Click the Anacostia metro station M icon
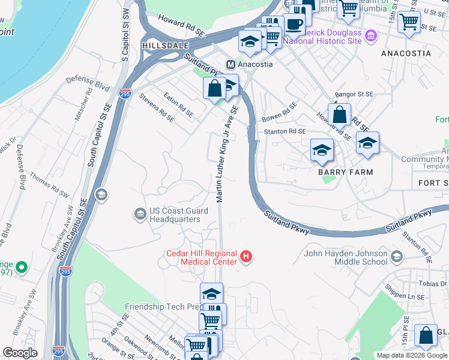pyautogui.click(x=230, y=64)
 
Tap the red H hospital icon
pyautogui.click(x=245, y=257)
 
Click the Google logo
pyautogui.click(x=20, y=353)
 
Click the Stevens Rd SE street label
pyautogui.click(x=156, y=107)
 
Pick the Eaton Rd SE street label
pyautogui.click(x=178, y=104)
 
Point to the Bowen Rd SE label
pyautogui.click(x=280, y=111)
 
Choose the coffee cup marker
pyautogui.click(x=294, y=24)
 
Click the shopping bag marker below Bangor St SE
pyautogui.click(x=339, y=113)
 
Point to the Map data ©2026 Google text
pyautogui.click(x=412, y=355)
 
